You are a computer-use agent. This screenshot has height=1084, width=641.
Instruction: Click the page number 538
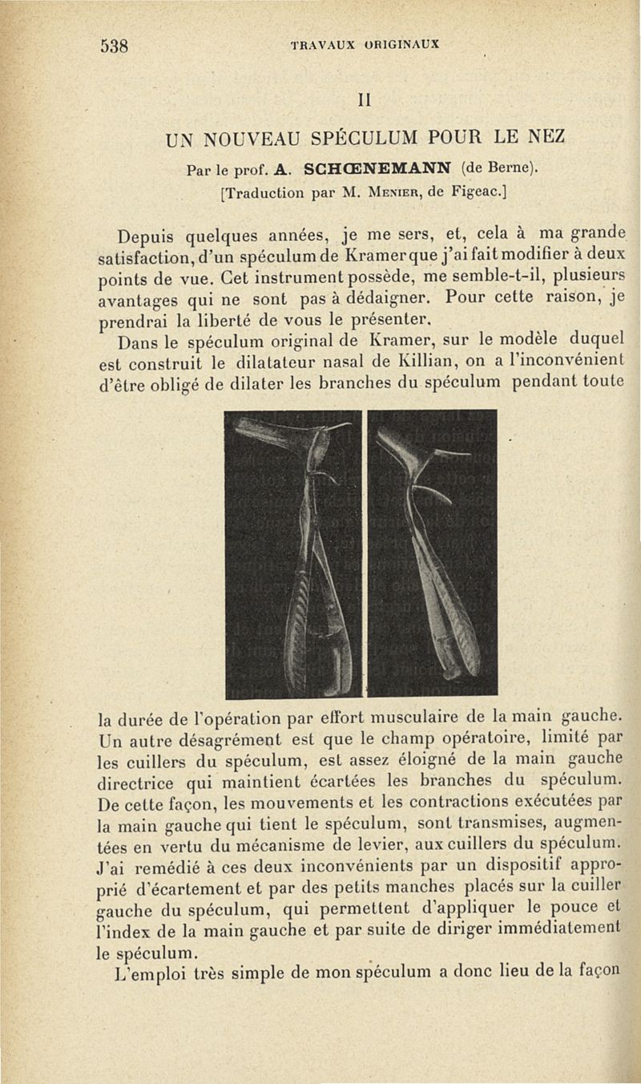coord(115,45)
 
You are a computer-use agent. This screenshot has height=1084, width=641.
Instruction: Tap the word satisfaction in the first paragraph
coord(156,261)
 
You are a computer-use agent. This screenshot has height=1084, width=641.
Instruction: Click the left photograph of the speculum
coord(292,553)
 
